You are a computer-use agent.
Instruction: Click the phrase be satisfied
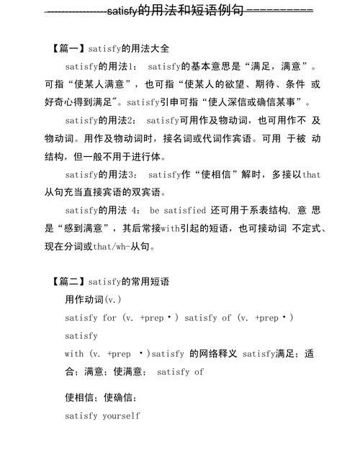[x=178, y=211]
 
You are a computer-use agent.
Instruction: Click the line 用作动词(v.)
[x=93, y=299]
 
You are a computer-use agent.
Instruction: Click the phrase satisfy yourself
[x=102, y=416]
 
